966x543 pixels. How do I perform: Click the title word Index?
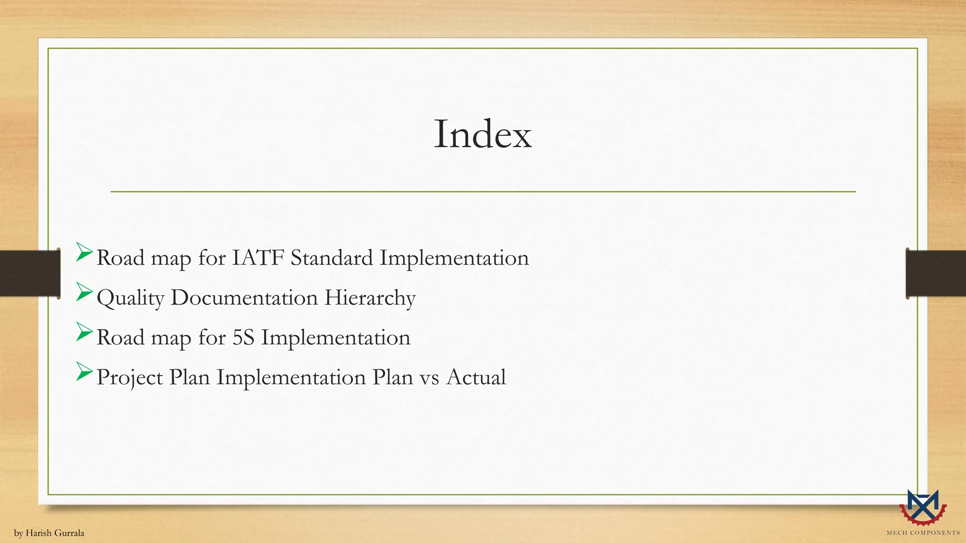pos(483,135)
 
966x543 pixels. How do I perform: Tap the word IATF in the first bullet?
pos(258,258)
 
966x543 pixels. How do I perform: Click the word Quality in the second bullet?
pos(130,298)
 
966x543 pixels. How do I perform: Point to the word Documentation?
pos(244,298)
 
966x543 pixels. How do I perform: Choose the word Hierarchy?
pos(370,298)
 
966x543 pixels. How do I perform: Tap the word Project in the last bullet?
pos(129,378)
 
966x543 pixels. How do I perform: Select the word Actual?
pos(476,377)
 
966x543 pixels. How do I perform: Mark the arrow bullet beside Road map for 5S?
pos(84,332)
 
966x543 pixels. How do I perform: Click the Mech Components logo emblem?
pos(923,507)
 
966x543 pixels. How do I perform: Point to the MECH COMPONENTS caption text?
pos(923,533)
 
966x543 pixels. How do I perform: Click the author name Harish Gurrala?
pos(55,533)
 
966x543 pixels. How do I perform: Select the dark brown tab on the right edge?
pos(936,273)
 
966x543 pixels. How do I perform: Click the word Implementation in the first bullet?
pos(454,258)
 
